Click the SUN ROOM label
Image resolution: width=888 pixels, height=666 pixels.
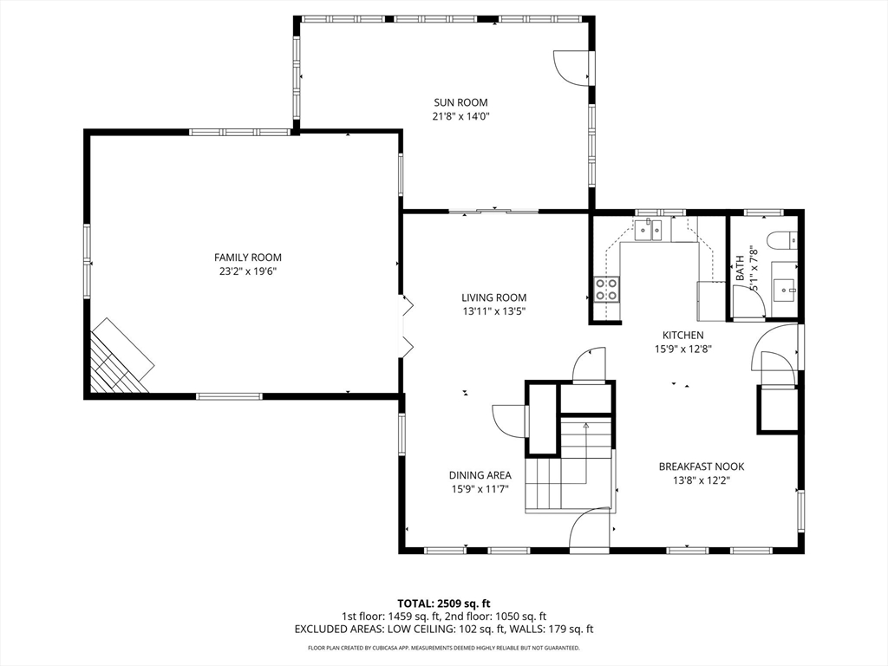460,102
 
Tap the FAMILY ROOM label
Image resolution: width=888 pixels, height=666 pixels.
247,257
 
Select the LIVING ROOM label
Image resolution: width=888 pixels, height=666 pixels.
493,297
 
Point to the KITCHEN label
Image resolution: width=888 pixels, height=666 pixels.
683,336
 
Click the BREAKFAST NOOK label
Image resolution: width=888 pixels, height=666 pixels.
701,467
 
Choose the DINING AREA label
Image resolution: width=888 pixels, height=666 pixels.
480,476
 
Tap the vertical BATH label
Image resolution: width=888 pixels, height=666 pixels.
741,268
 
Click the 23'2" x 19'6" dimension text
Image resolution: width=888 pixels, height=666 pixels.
247,271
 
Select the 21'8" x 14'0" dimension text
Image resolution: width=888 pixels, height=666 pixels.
460,117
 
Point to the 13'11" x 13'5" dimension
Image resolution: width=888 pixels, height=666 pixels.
493,311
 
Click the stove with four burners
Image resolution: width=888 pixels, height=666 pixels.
606,290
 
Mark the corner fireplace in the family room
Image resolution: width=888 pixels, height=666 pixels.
120,357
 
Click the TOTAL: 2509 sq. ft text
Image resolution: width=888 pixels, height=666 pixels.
443,604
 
